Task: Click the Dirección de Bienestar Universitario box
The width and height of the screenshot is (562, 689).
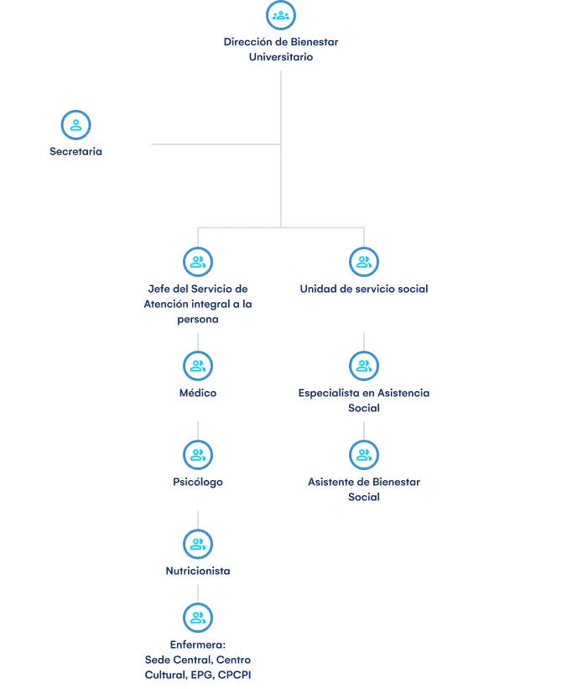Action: (x=281, y=49)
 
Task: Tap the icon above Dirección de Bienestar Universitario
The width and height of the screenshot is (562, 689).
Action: (x=281, y=14)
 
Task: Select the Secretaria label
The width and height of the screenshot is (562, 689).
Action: (x=75, y=151)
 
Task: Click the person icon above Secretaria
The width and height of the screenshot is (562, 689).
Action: (x=76, y=124)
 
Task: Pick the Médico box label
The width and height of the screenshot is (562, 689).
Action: (x=197, y=393)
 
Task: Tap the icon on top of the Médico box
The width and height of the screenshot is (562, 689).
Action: (x=198, y=365)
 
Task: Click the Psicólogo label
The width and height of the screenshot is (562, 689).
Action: (x=197, y=482)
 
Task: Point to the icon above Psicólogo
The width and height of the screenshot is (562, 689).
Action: (x=198, y=454)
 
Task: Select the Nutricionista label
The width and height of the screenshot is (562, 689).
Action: (x=197, y=571)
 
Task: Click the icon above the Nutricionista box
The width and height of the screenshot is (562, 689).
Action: (x=198, y=544)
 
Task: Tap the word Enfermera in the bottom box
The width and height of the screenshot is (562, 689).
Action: (x=197, y=645)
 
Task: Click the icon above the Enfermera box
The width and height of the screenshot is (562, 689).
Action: (x=198, y=619)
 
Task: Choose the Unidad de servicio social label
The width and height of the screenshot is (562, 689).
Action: (x=364, y=289)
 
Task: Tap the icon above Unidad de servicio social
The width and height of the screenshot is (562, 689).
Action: (x=364, y=262)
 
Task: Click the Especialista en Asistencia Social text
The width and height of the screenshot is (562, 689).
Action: (x=364, y=400)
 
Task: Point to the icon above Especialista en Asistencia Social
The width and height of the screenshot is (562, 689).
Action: (x=364, y=365)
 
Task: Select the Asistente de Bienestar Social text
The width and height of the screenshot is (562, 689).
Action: (x=364, y=489)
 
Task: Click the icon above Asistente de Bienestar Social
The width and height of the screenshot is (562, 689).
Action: (x=364, y=454)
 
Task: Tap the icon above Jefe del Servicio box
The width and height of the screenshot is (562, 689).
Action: (x=198, y=262)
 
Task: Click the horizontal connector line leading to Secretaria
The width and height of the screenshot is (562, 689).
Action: (x=214, y=145)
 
